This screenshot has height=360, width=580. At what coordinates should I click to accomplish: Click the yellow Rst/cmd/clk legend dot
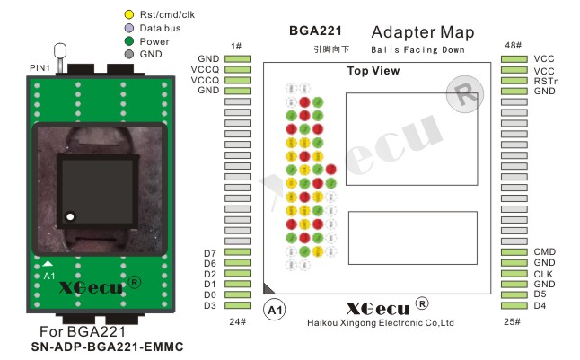tap(129, 14)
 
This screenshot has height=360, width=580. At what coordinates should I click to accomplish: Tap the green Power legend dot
tap(129, 40)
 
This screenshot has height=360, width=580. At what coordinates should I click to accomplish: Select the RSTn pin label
tap(546, 81)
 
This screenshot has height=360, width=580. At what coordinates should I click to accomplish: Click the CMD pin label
tap(545, 252)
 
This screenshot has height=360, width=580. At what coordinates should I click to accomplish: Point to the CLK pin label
tap(543, 274)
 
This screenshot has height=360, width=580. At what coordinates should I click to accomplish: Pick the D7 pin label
tap(209, 252)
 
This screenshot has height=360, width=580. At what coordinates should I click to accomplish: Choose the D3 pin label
tap(209, 306)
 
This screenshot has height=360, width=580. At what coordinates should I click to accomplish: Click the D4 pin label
tap(540, 306)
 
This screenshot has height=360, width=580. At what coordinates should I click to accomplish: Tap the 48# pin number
tap(514, 45)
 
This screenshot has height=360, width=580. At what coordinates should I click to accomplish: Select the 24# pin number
tap(237, 321)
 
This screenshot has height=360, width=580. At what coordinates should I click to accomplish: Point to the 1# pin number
tap(237, 45)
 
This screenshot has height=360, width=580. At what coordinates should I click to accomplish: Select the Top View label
tap(373, 71)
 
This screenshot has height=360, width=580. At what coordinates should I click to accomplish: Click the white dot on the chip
tap(69, 215)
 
